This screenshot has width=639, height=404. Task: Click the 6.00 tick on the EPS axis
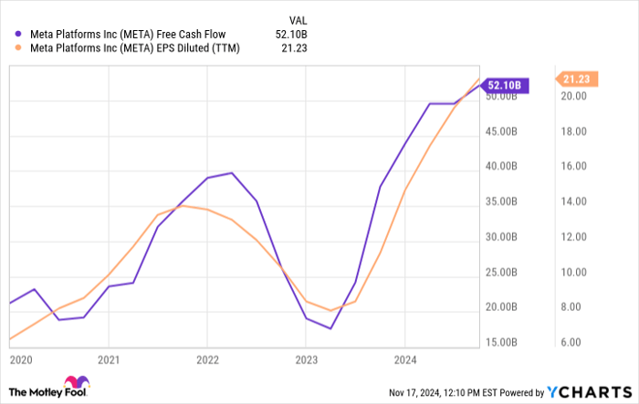(x=572, y=343)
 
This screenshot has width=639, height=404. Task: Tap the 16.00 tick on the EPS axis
(x=572, y=167)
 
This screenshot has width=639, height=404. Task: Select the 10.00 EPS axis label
(x=572, y=273)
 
